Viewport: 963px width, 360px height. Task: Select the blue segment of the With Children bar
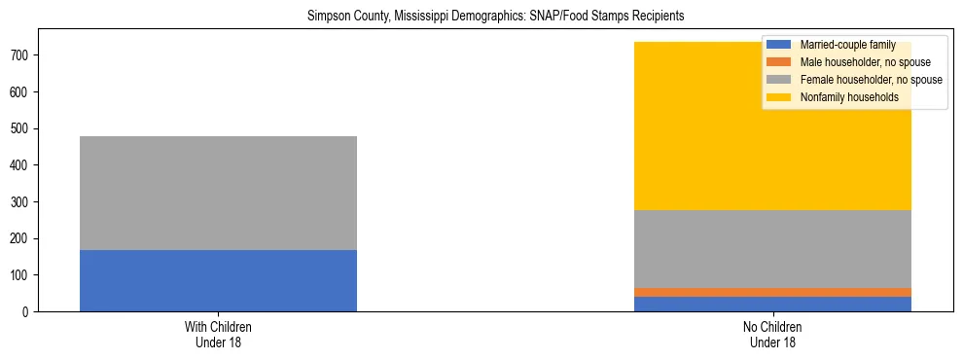(x=218, y=280)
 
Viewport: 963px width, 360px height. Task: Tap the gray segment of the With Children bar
(x=218, y=193)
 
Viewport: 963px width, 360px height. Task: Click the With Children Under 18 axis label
(x=218, y=335)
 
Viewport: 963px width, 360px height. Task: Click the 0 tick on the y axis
(x=28, y=312)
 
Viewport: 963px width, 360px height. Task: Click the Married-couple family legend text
(x=841, y=45)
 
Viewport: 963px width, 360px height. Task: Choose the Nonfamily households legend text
(x=848, y=97)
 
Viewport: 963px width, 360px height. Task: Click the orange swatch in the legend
(x=780, y=62)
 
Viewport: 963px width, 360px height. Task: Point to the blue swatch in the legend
(x=780, y=45)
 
